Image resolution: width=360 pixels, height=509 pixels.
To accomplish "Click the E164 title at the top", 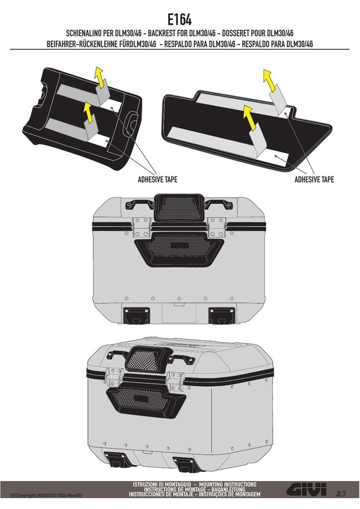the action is pos(180,19).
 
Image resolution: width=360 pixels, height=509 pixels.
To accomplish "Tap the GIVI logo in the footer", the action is pos(306,489).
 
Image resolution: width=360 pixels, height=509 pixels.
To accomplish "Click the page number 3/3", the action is pos(341,494).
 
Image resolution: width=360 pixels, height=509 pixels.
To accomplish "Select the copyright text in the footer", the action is pos(46,496).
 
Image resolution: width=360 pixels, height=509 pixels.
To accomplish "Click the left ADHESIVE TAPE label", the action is pos(158,179).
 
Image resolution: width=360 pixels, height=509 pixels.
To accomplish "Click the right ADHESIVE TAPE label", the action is pos(314,179).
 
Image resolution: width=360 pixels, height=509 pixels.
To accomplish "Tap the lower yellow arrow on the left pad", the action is pos(89,112).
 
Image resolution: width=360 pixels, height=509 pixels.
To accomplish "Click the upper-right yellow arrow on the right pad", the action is pos(270,80).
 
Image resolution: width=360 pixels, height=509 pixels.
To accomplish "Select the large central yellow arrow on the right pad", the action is pos(251,117).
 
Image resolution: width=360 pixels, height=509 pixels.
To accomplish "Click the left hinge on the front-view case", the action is pos(142,227).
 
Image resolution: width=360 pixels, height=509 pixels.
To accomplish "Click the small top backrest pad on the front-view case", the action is pos(179,206).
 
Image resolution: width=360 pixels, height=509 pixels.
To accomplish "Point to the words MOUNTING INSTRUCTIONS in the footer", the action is pos(228,484).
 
